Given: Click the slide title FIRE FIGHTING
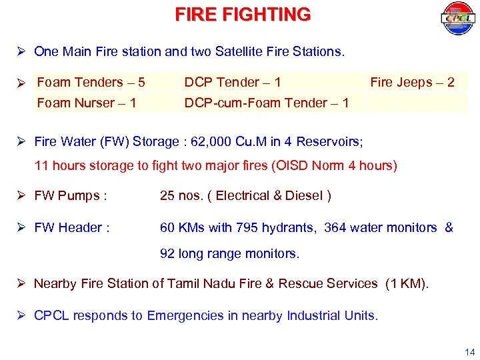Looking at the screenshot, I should pyautogui.click(x=243, y=15).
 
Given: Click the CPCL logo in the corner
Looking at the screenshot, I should pyautogui.click(x=457, y=19).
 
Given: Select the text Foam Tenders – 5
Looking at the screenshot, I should pyautogui.click(x=91, y=83).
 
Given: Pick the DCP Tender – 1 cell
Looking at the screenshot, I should pyautogui.click(x=233, y=83).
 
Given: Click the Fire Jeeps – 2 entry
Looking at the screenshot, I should pyautogui.click(x=412, y=83).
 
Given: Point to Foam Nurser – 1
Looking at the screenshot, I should pyautogui.click(x=87, y=103).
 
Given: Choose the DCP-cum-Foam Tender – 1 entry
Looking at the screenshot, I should pyautogui.click(x=267, y=103).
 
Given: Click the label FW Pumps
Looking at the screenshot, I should pyautogui.click(x=71, y=196).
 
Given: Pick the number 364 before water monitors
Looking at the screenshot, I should pyautogui.click(x=336, y=228).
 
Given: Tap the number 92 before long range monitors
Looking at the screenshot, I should pyautogui.click(x=167, y=254).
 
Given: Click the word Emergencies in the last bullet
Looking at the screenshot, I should pyautogui.click(x=185, y=316).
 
